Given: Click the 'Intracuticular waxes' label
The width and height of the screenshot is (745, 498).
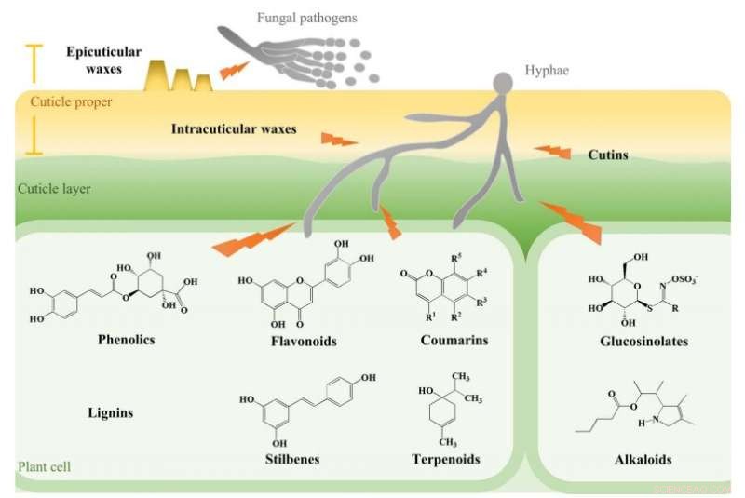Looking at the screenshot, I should (234, 128).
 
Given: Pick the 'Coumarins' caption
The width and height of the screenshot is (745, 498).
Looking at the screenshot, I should (454, 341).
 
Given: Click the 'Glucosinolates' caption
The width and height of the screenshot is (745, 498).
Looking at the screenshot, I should (644, 342).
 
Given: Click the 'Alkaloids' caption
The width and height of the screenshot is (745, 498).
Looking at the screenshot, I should (643, 460).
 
